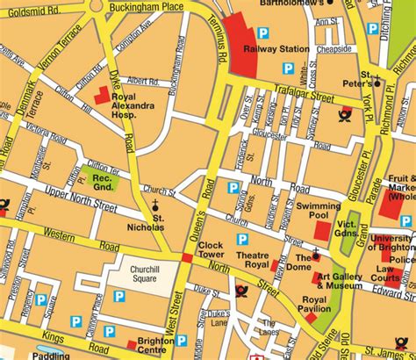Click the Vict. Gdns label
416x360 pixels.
(x=349, y=231)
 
